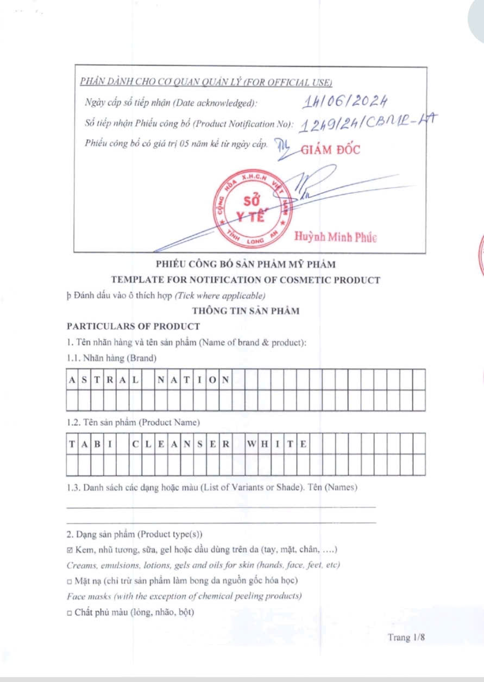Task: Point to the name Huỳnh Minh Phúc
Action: pyautogui.click(x=335, y=237)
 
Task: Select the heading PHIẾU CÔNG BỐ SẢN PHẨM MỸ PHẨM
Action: pyautogui.click(x=246, y=264)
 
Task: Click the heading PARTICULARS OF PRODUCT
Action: pyautogui.click(x=133, y=326)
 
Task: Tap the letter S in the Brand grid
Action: pyautogui.click(x=85, y=379)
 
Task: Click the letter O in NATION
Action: pyautogui.click(x=213, y=379)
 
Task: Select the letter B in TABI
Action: pyautogui.click(x=98, y=444)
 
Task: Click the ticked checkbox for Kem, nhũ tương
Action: pyautogui.click(x=70, y=551)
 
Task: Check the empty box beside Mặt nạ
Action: pyautogui.click(x=70, y=581)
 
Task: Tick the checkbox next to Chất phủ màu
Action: pyautogui.click(x=70, y=613)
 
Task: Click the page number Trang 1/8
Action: pyautogui.click(x=406, y=637)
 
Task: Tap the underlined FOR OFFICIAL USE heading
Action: pyautogui.click(x=206, y=82)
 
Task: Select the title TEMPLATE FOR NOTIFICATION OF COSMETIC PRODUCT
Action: pyautogui.click(x=246, y=280)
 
